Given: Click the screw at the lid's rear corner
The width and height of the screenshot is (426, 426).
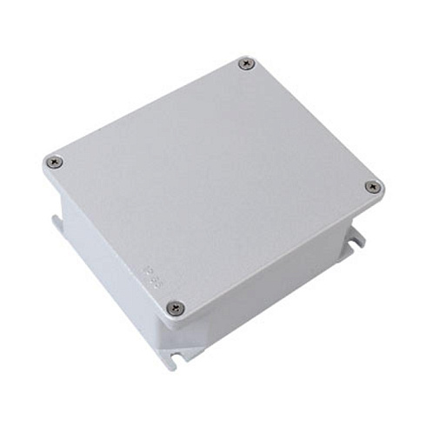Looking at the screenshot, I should coord(247,63).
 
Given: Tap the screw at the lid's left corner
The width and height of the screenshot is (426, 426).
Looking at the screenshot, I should coord(55,161).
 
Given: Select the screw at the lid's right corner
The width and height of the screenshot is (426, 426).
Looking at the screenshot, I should coord(373,186).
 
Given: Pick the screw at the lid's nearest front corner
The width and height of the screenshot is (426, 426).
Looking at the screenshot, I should coord(176,307).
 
